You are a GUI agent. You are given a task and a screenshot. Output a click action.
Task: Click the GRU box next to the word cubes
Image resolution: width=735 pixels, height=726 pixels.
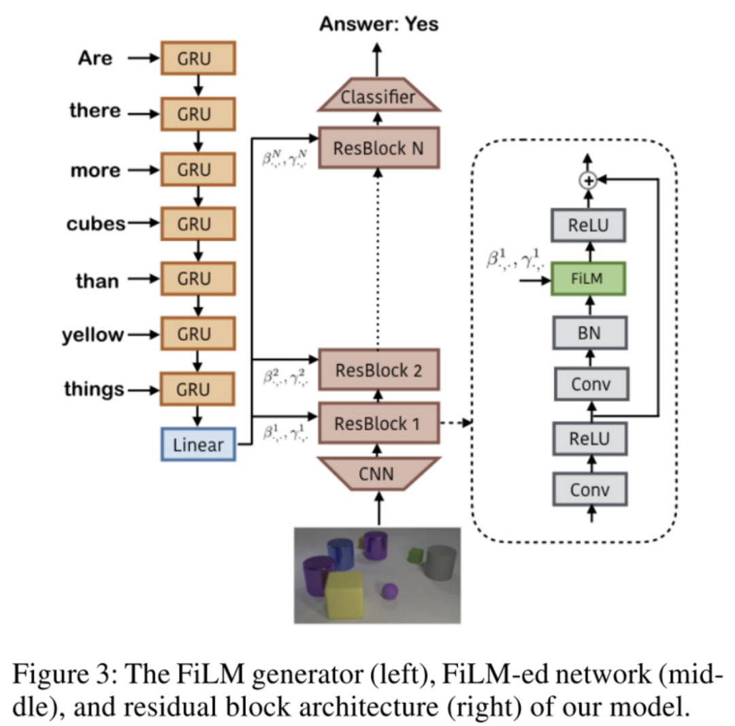coord(198,225)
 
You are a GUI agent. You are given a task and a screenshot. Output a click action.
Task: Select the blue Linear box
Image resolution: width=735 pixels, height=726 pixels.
coord(198,445)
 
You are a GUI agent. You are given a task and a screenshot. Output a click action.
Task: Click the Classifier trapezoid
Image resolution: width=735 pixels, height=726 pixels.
coord(378,97)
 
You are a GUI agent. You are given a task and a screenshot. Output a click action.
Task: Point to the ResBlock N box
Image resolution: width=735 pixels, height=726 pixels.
coord(378,148)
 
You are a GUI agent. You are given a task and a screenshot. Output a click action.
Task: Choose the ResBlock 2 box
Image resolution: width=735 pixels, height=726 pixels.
coord(378,371)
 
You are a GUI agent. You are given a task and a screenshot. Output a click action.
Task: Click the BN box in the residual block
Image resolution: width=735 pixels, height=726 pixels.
coord(589,333)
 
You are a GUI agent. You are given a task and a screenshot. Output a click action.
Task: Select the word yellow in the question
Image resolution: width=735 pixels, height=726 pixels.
coord(94,335)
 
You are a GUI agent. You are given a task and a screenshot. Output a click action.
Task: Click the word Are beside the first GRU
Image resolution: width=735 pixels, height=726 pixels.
coord(95,59)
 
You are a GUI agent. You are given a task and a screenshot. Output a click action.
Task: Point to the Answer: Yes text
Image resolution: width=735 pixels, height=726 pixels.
coord(379,24)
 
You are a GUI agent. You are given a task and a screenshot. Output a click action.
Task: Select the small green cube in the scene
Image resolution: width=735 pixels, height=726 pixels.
coord(416,555)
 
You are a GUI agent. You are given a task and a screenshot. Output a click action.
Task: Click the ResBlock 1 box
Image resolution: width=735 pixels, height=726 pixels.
coord(378,423)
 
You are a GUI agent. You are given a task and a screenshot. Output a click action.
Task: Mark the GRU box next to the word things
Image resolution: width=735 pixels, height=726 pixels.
coord(198,390)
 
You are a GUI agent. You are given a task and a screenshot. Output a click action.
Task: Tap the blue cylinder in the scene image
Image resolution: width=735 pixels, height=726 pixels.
coord(340,555)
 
